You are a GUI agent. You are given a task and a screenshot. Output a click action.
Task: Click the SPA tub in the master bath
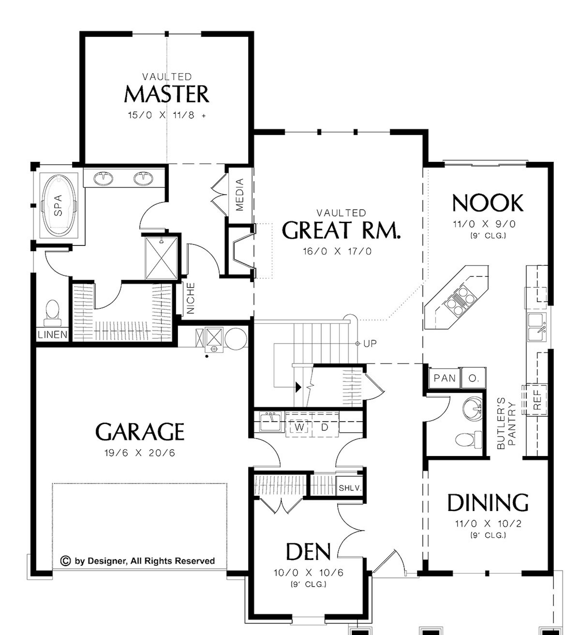pos(59,205)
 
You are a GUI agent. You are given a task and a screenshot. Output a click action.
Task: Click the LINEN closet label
pos(53,334)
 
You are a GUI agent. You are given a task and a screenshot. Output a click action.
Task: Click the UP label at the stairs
pos(370,344)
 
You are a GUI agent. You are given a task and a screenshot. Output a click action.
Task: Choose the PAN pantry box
pos(444,378)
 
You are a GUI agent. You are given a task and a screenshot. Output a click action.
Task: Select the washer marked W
pos(299,427)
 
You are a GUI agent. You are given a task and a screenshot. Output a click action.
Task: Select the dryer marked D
pos(325,427)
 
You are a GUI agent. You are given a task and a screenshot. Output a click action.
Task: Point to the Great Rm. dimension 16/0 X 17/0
pos(337,251)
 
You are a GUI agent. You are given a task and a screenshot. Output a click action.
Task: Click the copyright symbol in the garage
pos(65,561)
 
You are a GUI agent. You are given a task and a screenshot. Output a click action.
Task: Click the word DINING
pos(487,503)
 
